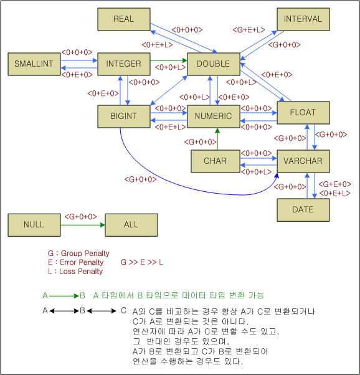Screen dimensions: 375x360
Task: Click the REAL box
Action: tap(123, 19)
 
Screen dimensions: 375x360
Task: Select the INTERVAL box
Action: tap(303, 19)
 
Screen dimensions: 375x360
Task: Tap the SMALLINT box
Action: tap(34, 64)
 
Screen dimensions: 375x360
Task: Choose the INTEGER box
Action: tap(123, 64)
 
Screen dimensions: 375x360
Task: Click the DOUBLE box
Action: tap(213, 64)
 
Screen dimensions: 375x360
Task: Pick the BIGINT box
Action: tap(123, 116)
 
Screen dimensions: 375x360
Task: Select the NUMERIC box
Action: tap(213, 116)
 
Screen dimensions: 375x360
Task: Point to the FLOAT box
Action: tap(303, 113)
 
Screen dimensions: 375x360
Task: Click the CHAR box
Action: tap(216, 161)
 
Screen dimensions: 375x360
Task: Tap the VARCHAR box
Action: tap(303, 161)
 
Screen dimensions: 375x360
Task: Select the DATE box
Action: tap(303, 209)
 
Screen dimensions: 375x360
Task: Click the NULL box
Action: tap(34, 224)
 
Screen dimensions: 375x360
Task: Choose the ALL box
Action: tap(131, 224)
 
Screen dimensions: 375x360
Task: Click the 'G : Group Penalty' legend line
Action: tap(78, 254)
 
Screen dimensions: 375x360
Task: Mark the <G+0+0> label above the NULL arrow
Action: tap(81, 216)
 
